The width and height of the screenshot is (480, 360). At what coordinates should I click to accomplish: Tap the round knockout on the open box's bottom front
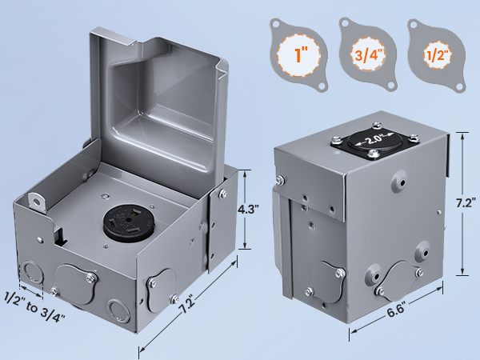(x=114, y=308)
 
